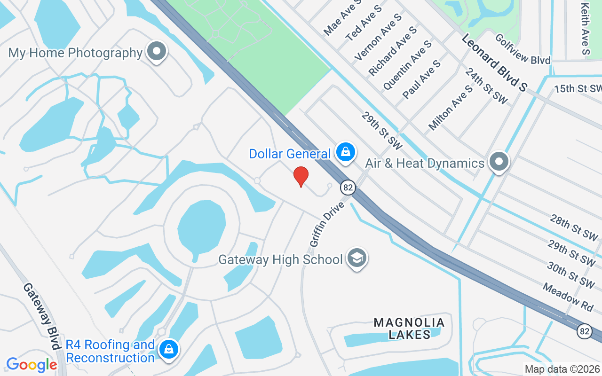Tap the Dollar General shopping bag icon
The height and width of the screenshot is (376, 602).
[x=346, y=152]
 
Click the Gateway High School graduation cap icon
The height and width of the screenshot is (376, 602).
[x=357, y=258]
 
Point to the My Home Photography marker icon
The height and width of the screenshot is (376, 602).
[x=157, y=52]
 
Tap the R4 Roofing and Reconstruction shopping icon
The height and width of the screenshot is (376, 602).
[x=168, y=350]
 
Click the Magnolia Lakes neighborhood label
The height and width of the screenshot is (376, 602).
[x=409, y=328]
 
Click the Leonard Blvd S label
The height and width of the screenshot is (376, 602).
[x=494, y=62]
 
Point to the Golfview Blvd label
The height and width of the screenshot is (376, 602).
[x=522, y=55]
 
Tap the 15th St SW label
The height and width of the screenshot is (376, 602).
[x=578, y=88]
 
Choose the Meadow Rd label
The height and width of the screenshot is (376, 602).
[x=567, y=296]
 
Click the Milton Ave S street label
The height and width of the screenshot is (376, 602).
[x=450, y=108]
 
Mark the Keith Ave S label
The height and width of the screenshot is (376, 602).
[x=586, y=28]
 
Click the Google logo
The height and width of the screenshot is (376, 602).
[x=32, y=364]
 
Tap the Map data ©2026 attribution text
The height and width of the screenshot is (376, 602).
[x=562, y=369]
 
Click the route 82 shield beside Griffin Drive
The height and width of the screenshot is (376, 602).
[x=348, y=188]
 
